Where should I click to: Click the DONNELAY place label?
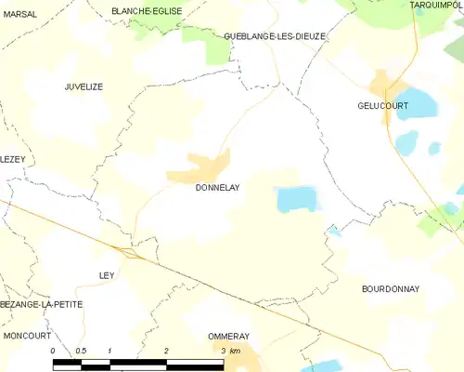pyautogui.click(x=217, y=187)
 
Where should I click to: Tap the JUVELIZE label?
pyautogui.click(x=84, y=86)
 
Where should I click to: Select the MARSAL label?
pyautogui.click(x=20, y=14)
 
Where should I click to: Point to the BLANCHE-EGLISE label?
pyautogui.click(x=147, y=10)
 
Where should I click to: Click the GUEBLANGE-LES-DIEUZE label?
pyautogui.click(x=275, y=36)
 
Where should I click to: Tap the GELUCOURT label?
pyautogui.click(x=383, y=106)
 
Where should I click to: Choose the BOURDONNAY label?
pyautogui.click(x=390, y=289)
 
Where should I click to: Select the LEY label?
pyautogui.click(x=107, y=275)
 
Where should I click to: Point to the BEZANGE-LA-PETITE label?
pyautogui.click(x=42, y=304)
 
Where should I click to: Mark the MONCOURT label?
pyautogui.click(x=26, y=334)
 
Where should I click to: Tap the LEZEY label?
pyautogui.click(x=12, y=159)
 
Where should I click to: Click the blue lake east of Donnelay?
pyautogui.click(x=296, y=197)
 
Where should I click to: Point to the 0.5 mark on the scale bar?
pyautogui.click(x=81, y=351)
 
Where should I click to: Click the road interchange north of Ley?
pyautogui.click(x=128, y=250)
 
